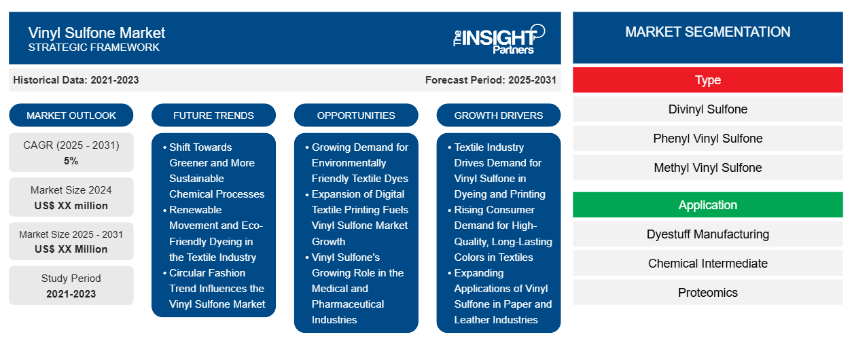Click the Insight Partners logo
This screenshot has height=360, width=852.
pyautogui.click(x=499, y=39)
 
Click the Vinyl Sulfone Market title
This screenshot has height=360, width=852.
pyautogui.click(x=96, y=33)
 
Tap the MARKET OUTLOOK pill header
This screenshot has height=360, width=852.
pyautogui.click(x=71, y=115)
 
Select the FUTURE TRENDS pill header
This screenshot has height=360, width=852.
pyautogui.click(x=213, y=115)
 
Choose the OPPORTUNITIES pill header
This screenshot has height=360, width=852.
pyautogui.click(x=356, y=115)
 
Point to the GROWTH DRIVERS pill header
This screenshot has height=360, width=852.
pyautogui.click(x=498, y=115)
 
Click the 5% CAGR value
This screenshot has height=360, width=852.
pyautogui.click(x=71, y=161)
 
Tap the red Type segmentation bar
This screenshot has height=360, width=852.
pyautogui.click(x=707, y=80)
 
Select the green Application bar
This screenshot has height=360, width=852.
pyautogui.click(x=707, y=205)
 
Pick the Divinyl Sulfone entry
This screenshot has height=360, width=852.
pyautogui.click(x=707, y=109)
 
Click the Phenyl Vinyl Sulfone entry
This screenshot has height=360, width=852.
pyautogui.click(x=707, y=139)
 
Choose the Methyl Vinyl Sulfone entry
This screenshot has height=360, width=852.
pyautogui.click(x=707, y=168)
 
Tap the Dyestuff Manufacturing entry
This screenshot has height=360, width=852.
pyautogui.click(x=707, y=234)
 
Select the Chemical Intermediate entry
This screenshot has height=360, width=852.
pyautogui.click(x=707, y=263)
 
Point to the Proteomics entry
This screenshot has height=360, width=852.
pyautogui.click(x=707, y=292)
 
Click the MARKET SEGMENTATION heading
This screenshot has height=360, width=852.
pyautogui.click(x=707, y=32)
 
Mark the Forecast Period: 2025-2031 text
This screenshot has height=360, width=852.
pyautogui.click(x=491, y=80)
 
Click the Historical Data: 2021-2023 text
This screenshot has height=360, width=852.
pyautogui.click(x=76, y=80)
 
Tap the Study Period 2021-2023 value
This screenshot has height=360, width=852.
pyautogui.click(x=71, y=294)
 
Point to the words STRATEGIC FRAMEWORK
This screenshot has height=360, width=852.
pyautogui.click(x=94, y=48)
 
